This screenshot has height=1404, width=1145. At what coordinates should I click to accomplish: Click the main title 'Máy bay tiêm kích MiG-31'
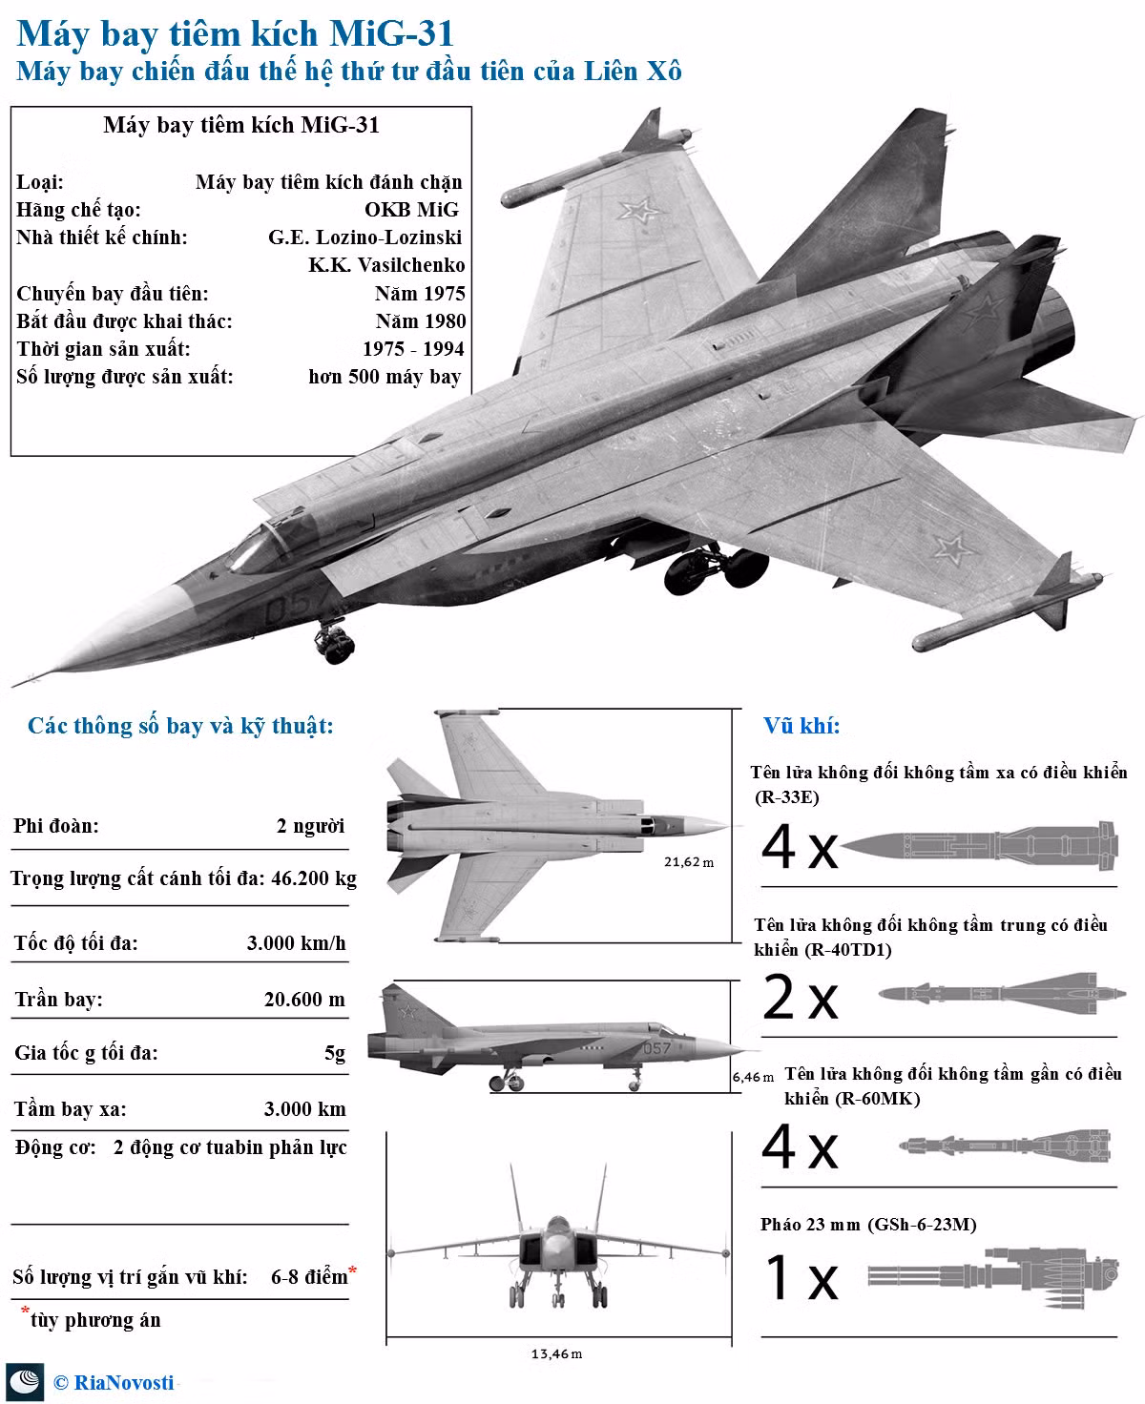coord(235,33)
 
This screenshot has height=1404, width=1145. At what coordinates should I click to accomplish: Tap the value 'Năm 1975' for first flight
coord(420,293)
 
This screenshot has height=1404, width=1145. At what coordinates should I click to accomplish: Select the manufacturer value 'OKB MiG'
coord(411,209)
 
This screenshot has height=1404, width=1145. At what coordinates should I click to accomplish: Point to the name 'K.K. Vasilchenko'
coord(386,265)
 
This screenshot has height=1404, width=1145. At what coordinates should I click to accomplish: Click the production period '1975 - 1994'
coord(414,348)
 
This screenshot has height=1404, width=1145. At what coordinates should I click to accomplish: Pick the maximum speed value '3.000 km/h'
coord(297,942)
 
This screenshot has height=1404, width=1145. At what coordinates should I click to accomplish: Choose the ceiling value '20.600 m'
coord(304,999)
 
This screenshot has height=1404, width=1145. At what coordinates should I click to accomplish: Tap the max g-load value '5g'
coord(335,1053)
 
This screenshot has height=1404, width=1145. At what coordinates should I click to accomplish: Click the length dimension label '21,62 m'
coord(689,862)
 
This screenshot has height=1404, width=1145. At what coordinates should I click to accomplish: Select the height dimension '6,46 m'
coord(754,1077)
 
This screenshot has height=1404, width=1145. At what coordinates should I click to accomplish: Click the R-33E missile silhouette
coord(979,845)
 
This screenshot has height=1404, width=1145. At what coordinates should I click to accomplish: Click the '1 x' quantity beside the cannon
coord(801,1277)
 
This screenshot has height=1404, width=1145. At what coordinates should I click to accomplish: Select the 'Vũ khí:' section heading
coord(801,726)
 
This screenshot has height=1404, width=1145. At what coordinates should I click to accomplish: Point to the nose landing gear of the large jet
coord(334,640)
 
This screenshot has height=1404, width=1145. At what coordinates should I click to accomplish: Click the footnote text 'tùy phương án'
coord(95,1319)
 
